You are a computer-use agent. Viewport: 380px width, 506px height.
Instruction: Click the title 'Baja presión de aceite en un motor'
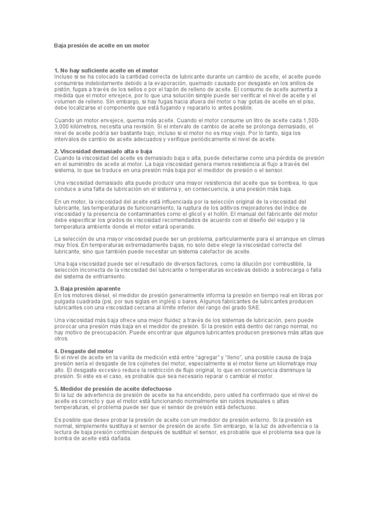tap(101, 45)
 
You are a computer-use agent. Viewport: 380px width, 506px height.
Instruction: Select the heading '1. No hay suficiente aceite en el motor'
tap(106, 71)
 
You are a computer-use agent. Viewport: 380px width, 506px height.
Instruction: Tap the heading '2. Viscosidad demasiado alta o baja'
tap(103, 151)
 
